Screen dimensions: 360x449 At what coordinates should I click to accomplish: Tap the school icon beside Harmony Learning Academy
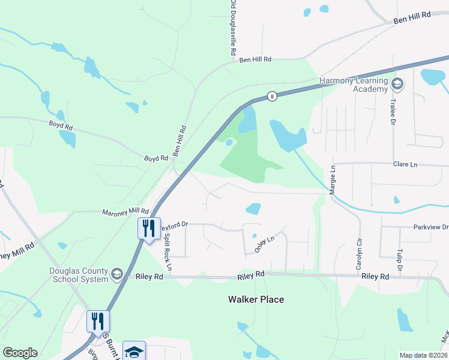(x=397, y=84)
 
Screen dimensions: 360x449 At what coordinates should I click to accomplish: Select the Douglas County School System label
(x=78, y=274)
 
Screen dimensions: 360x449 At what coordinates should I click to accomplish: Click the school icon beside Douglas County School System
(x=117, y=274)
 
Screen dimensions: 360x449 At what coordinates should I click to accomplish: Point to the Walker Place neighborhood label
(x=256, y=299)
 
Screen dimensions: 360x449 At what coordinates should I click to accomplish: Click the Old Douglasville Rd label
(x=232, y=28)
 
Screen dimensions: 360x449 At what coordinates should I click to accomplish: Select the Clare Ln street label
(x=405, y=164)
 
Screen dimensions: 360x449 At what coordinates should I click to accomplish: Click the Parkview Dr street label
(x=430, y=227)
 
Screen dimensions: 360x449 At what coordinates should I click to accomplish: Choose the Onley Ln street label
(x=264, y=243)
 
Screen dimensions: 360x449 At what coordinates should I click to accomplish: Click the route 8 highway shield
(x=272, y=95)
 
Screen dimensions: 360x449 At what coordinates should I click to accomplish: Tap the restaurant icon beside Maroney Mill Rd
(x=148, y=229)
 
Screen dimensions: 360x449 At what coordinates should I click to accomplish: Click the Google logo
(x=20, y=353)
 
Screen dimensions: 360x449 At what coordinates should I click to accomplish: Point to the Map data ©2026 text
(x=424, y=355)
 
